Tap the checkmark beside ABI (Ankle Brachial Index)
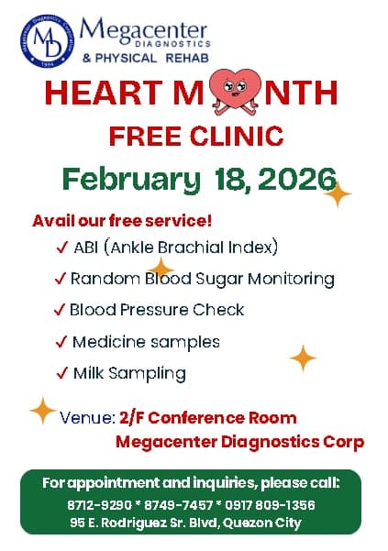pos(61,248)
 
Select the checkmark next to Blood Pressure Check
pos(61,310)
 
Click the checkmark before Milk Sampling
pos(61,373)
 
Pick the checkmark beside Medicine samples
pos(61,342)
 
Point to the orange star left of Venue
pos(42,410)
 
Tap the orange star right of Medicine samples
pos(303,358)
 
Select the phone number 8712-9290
pos(98,505)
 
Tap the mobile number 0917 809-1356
pos(271,505)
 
